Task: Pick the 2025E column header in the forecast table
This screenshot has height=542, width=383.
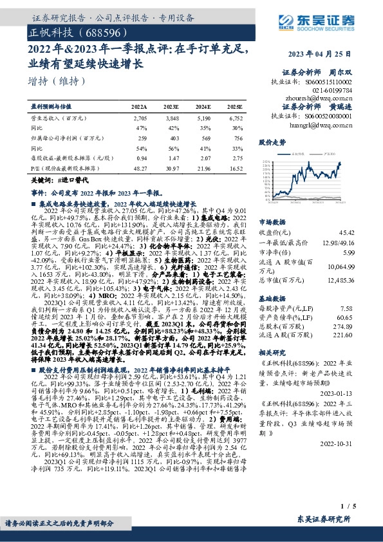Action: point(235,106)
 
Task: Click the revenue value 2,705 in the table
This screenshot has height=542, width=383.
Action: point(140,119)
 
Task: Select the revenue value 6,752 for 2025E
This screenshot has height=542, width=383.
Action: point(236,119)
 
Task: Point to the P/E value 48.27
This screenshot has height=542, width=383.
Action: point(139,167)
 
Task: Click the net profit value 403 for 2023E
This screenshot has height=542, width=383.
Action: point(172,138)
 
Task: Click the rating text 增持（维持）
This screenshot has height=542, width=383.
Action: point(57,81)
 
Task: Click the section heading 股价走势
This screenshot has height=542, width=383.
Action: point(271,140)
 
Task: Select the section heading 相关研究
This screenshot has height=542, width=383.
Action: point(271,354)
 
